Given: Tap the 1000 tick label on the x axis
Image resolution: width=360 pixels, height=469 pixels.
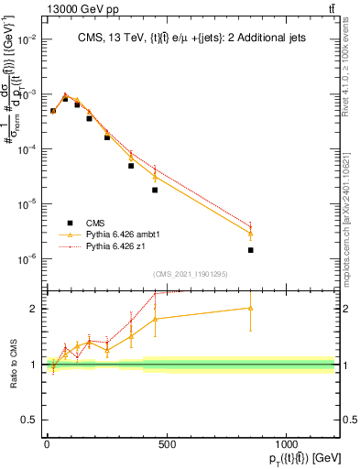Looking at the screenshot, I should (x=286, y=444).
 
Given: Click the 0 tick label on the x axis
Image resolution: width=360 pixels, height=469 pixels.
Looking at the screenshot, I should (x=46, y=444).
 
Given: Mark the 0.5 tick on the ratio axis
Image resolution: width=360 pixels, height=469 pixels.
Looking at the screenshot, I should (x=27, y=420).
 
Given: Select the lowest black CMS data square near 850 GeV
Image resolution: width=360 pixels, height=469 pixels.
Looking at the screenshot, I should (x=250, y=250).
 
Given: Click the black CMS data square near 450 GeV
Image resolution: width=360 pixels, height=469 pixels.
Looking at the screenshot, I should (x=155, y=190).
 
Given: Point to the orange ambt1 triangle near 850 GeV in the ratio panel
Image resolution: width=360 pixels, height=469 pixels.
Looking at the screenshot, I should (x=250, y=308).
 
